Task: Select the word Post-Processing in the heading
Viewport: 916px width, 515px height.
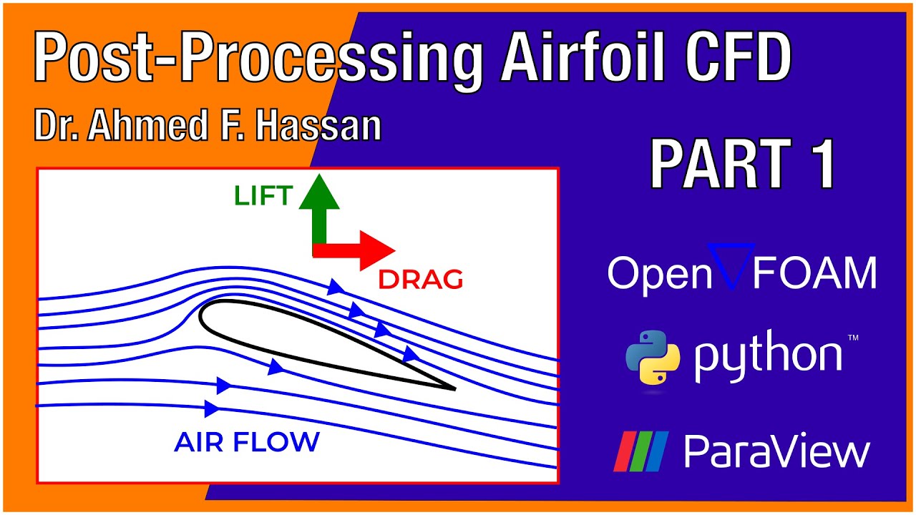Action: (258, 59)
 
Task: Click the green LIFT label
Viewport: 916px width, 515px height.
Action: (263, 195)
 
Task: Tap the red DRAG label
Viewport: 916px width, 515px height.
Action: (420, 280)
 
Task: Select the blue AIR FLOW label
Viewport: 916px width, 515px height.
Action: (246, 442)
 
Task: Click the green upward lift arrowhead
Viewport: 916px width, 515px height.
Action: (319, 191)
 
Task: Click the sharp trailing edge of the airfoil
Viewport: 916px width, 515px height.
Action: (454, 388)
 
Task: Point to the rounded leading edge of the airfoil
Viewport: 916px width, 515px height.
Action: (203, 315)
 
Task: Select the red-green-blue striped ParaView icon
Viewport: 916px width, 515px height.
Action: (640, 451)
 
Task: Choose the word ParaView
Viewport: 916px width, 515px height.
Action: (776, 451)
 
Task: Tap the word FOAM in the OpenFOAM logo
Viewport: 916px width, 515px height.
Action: (815, 273)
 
